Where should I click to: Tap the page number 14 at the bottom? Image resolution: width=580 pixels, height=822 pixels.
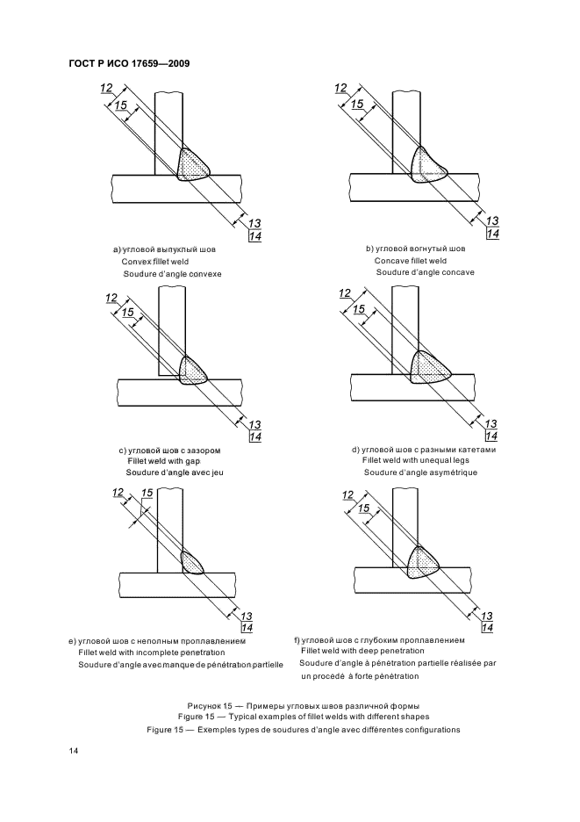coord(73,751)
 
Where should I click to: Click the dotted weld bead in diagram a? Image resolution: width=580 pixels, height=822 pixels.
coord(194,163)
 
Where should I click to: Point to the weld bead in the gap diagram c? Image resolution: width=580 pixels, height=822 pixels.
coord(193,371)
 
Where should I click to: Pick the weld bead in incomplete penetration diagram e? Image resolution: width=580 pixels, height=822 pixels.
coord(192,561)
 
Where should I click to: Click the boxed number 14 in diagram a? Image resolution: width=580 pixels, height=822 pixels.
coord(254,237)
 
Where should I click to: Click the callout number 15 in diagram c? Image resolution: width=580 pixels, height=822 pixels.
coord(127,313)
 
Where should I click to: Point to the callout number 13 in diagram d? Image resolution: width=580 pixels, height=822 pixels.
coord(491,423)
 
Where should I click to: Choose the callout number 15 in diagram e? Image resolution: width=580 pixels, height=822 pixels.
coord(147,494)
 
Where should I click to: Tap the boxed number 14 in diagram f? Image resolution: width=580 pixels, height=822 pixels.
coord(488,627)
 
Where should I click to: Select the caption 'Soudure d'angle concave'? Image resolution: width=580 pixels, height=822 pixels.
coord(425,272)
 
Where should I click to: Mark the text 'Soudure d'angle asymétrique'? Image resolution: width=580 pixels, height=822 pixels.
coord(419,473)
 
